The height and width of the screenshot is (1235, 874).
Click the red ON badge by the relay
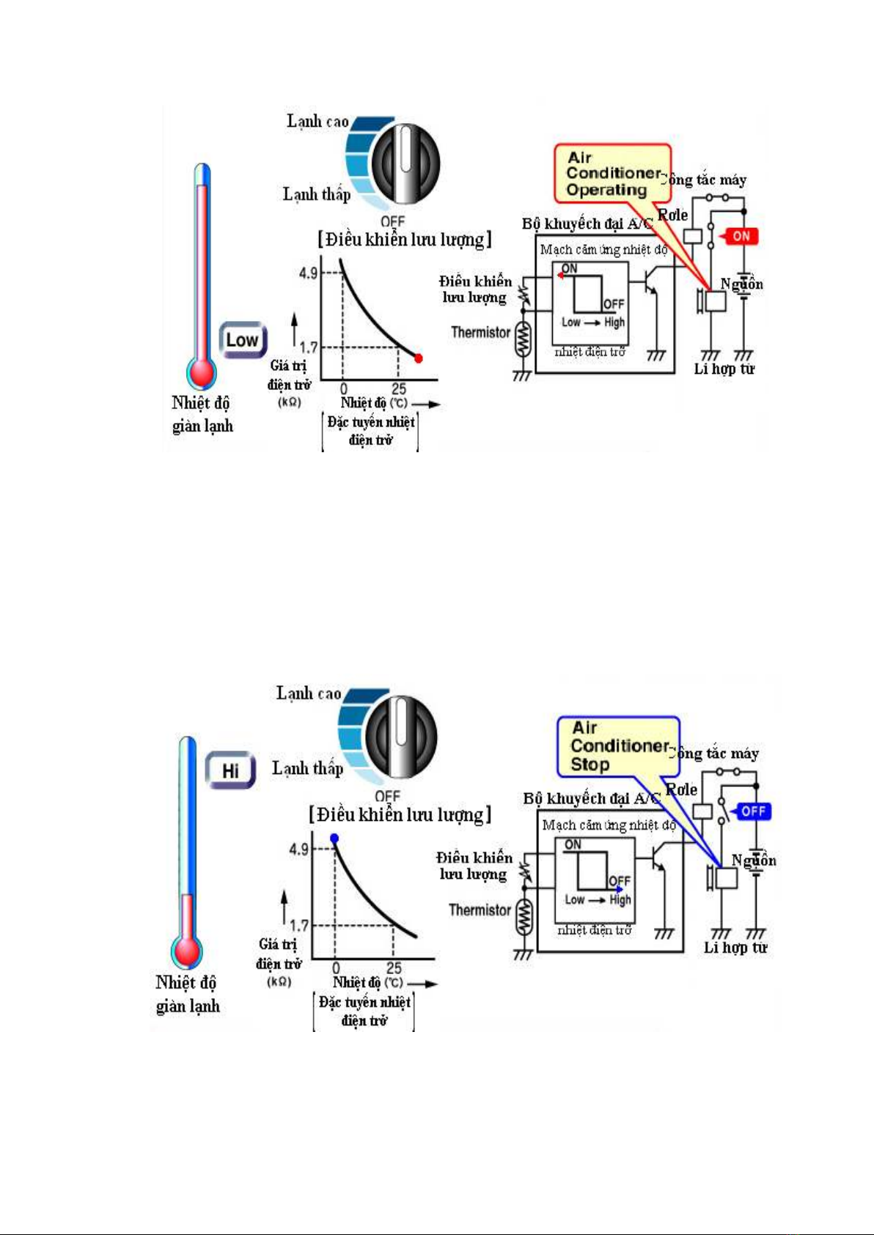click(741, 236)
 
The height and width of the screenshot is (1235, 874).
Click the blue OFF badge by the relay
click(753, 811)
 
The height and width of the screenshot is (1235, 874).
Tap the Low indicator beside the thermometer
click(242, 340)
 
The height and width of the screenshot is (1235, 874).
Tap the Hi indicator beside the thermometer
click(230, 770)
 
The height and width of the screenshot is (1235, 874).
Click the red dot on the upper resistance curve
click(419, 358)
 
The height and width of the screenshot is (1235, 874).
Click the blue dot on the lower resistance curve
click(334, 838)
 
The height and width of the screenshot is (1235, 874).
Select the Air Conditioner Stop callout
click(617, 746)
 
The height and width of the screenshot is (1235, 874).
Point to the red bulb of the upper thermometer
click(201, 372)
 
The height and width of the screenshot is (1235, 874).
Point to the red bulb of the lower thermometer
click(186, 951)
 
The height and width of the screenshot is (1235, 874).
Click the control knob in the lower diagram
click(400, 736)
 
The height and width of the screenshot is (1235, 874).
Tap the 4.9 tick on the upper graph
click(308, 273)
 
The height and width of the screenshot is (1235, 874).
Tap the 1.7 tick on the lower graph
click(299, 926)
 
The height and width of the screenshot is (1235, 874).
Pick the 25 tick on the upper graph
click(398, 389)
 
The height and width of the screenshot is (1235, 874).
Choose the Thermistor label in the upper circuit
click(480, 332)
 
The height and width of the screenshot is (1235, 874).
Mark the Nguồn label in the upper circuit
click(741, 284)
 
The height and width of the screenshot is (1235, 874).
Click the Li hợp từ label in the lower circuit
click(735, 947)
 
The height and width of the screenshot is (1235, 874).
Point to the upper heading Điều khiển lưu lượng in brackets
click(405, 240)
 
